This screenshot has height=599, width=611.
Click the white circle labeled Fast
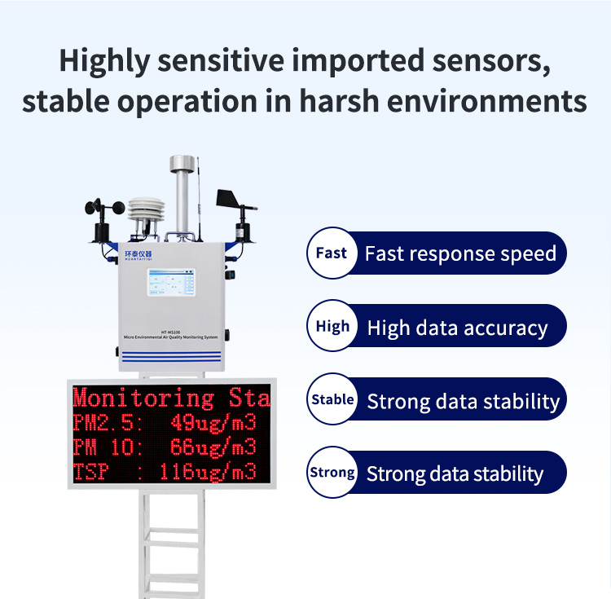click(x=331, y=253)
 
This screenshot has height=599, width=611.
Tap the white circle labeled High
click(x=332, y=327)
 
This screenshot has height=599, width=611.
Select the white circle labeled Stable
click(x=332, y=400)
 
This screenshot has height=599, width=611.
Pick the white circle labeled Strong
click(x=332, y=473)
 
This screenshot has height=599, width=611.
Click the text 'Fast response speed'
click(x=460, y=253)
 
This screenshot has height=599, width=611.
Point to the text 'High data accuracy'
click(x=457, y=328)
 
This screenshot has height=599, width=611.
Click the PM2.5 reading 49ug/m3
click(x=213, y=423)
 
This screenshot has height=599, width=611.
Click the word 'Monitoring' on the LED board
click(x=143, y=399)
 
